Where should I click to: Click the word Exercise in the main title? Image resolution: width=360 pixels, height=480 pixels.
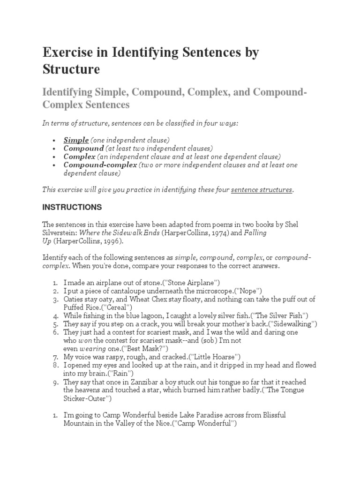(x=70, y=52)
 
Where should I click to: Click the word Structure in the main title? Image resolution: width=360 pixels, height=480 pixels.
(x=71, y=69)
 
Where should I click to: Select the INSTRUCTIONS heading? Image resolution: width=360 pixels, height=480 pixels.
(x=72, y=207)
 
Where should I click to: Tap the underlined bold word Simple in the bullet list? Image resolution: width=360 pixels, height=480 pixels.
(x=76, y=140)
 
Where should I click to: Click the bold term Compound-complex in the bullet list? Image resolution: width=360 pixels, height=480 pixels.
(x=100, y=165)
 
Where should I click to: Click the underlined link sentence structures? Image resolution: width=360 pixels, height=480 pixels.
(x=262, y=190)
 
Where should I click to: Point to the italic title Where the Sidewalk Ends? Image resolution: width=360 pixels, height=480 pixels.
(x=122, y=232)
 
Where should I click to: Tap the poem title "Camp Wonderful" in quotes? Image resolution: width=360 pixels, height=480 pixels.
(x=205, y=424)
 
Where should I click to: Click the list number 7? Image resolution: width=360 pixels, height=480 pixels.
(x=55, y=357)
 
